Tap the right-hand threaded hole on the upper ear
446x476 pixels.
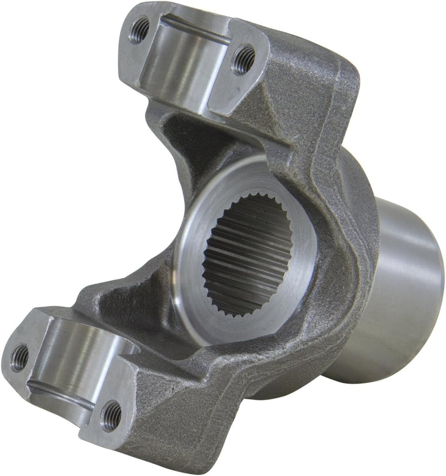[243, 59]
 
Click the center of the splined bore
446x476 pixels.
[246, 255]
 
